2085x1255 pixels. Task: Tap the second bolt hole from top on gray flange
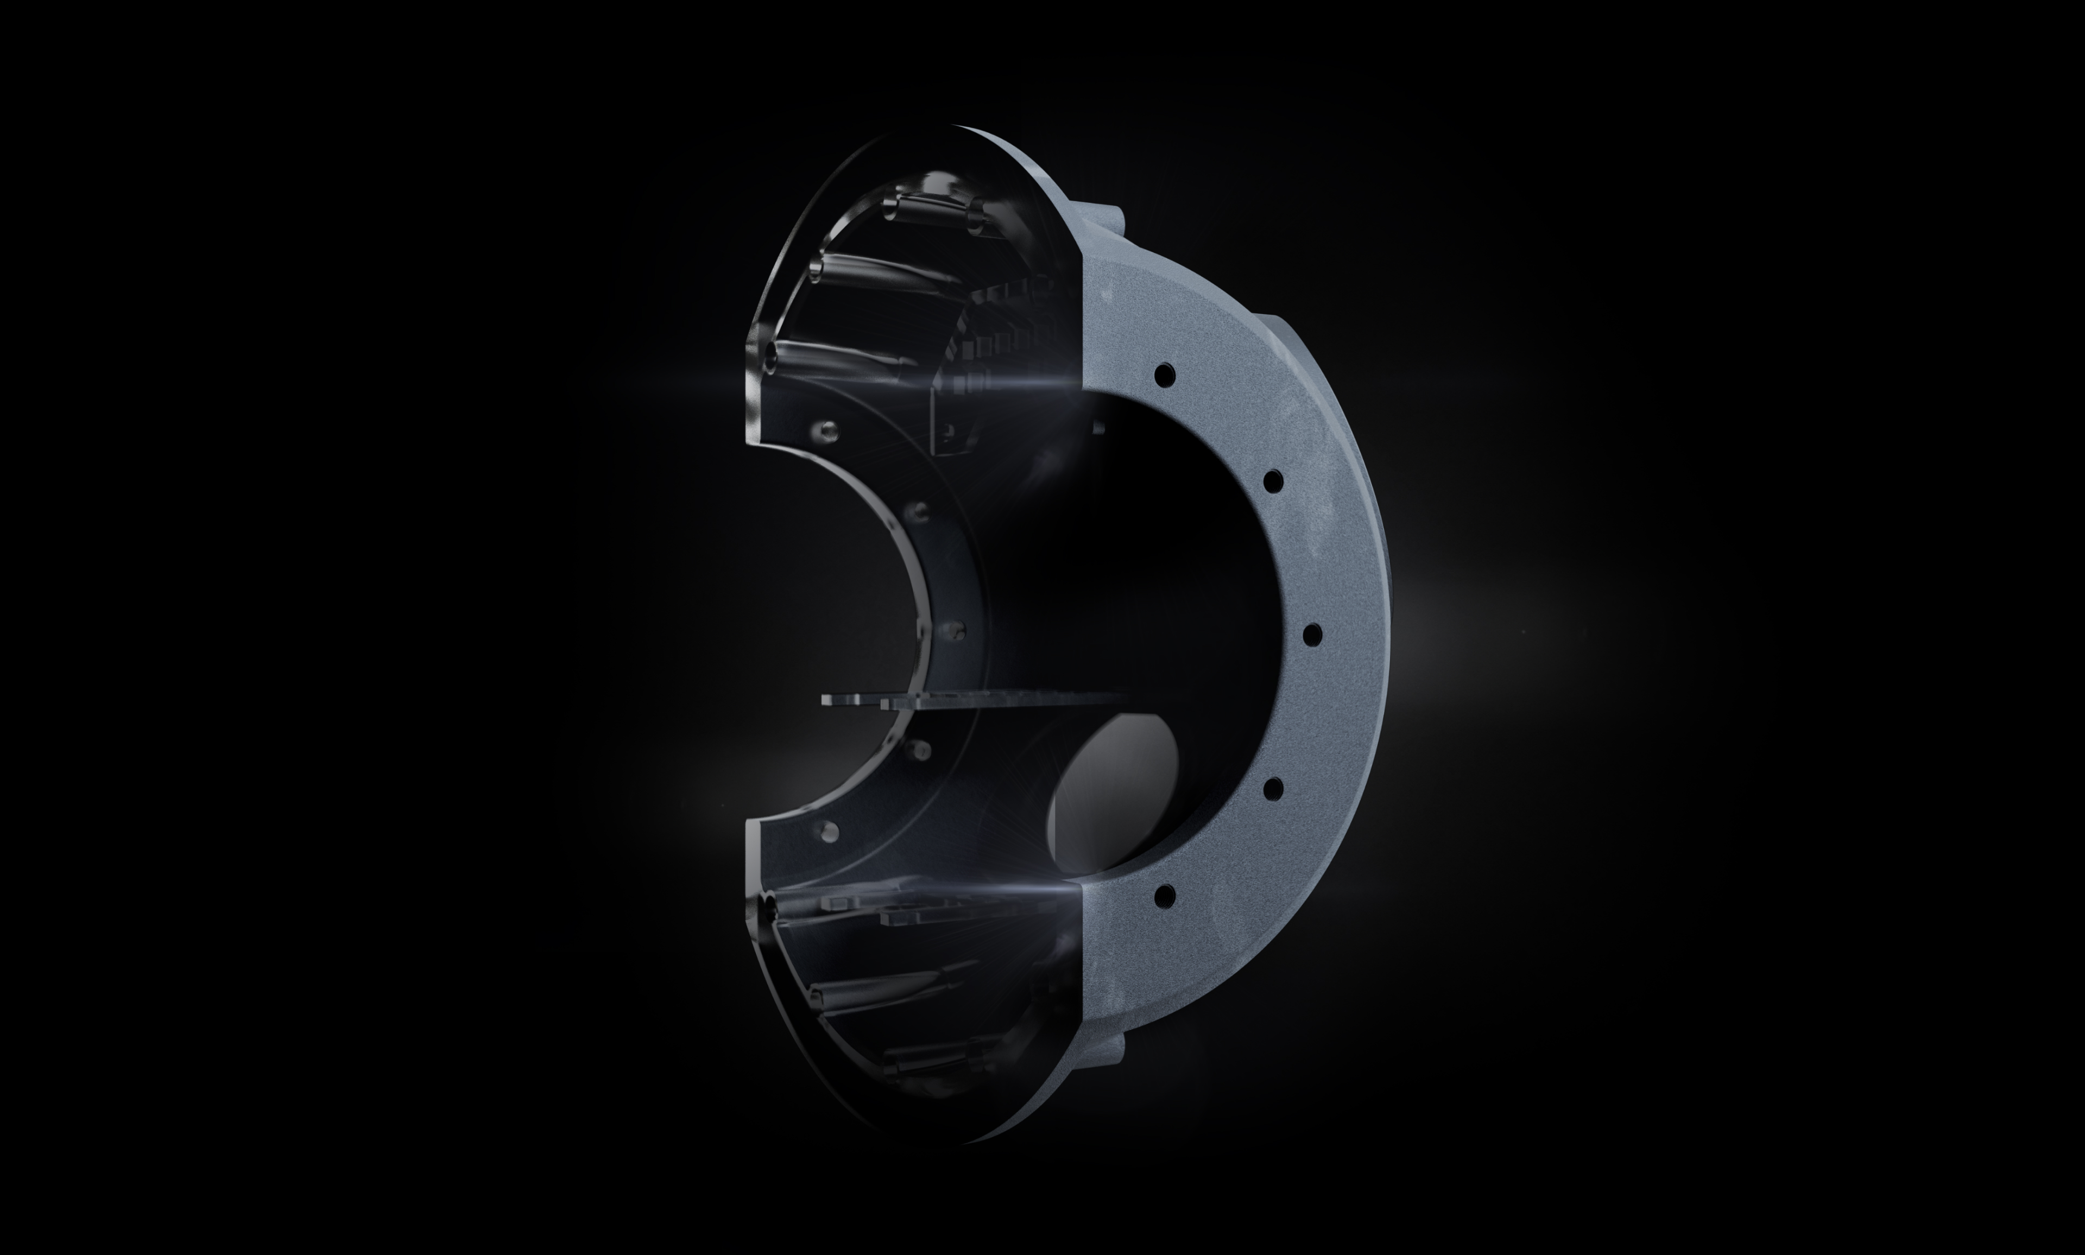1273,481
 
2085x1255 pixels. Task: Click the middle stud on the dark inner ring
957,629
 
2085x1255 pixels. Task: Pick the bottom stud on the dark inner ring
829,829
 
